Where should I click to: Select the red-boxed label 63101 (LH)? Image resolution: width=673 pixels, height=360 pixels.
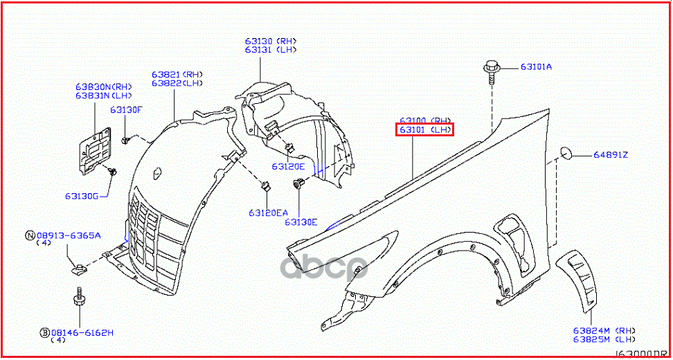[424, 129]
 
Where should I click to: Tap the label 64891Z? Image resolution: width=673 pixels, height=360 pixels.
[610, 154]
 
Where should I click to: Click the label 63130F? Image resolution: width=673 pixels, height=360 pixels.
[125, 109]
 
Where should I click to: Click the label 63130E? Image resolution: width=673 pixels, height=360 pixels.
[300, 222]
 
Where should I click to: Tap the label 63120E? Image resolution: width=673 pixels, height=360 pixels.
[288, 166]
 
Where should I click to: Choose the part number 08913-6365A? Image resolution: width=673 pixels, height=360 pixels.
[68, 235]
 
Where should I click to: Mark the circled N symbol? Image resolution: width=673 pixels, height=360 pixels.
[30, 235]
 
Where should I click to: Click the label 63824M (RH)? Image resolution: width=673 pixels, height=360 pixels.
[604, 330]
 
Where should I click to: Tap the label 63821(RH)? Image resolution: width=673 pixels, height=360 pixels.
[177, 74]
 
